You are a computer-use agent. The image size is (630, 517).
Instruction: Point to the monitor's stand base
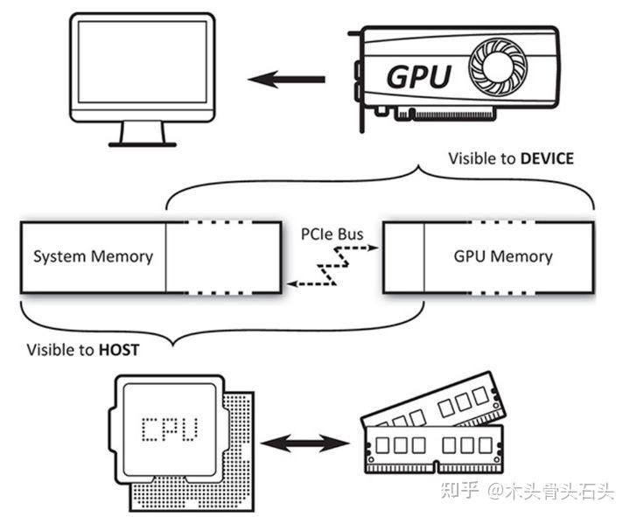tap(143, 143)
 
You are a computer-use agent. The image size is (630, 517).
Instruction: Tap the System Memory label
tap(93, 256)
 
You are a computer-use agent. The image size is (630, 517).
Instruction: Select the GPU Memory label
tap(502, 256)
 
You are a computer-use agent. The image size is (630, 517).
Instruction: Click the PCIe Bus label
tap(332, 234)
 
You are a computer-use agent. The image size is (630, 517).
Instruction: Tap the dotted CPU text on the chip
tap(170, 429)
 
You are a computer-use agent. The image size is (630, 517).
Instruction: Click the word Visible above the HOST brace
tap(49, 350)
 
